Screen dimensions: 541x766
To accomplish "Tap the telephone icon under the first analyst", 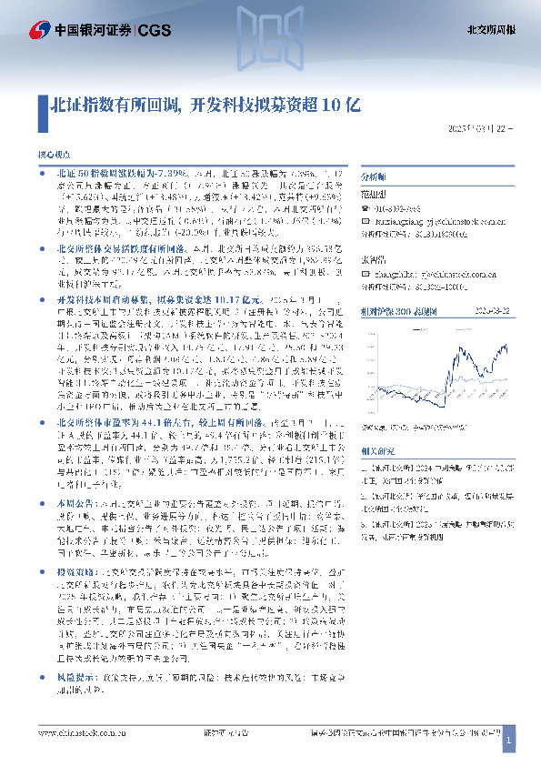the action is click(366, 208).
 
